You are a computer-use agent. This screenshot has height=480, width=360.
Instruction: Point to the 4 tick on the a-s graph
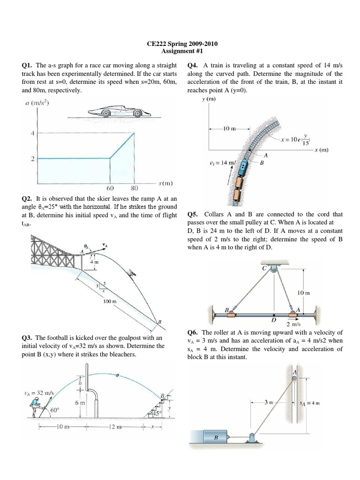click(32, 134)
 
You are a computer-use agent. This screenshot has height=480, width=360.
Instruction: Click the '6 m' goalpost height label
click(79, 403)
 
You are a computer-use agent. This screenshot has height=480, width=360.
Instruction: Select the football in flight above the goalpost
click(117, 375)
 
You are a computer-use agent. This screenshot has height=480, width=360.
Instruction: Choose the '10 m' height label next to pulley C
click(304, 292)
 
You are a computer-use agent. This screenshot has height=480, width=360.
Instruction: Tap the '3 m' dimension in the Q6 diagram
click(267, 402)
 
